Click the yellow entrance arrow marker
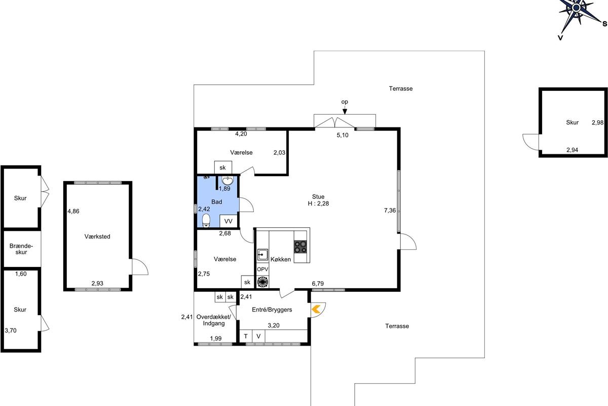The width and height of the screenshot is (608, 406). (x=316, y=309)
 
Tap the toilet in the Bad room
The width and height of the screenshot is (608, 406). (x=206, y=220)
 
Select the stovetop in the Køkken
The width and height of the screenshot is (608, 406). (x=300, y=247)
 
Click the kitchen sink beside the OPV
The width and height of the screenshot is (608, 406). (x=262, y=255)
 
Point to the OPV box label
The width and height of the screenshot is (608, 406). (x=262, y=269)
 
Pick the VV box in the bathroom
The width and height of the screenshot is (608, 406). (x=229, y=221)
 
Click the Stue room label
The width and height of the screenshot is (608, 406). (x=318, y=196)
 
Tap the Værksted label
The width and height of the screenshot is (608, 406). (x=97, y=236)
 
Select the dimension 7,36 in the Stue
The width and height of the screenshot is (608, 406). (x=390, y=210)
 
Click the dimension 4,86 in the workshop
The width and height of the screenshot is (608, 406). (x=73, y=211)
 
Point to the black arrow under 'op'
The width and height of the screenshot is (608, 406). (x=345, y=111)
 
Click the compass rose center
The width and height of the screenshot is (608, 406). (x=576, y=8)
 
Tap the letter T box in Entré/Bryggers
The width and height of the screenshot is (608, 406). (x=246, y=336)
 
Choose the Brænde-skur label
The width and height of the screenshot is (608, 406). (x=21, y=249)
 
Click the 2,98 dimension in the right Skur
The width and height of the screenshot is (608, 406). (x=597, y=123)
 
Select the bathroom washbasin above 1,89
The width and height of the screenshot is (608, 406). (x=227, y=180)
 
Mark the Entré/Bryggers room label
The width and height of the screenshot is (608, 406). (x=272, y=310)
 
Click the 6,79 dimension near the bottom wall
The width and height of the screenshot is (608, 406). (x=318, y=284)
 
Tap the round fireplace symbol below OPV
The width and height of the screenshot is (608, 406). (x=262, y=282)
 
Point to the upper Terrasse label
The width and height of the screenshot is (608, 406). (x=401, y=89)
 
